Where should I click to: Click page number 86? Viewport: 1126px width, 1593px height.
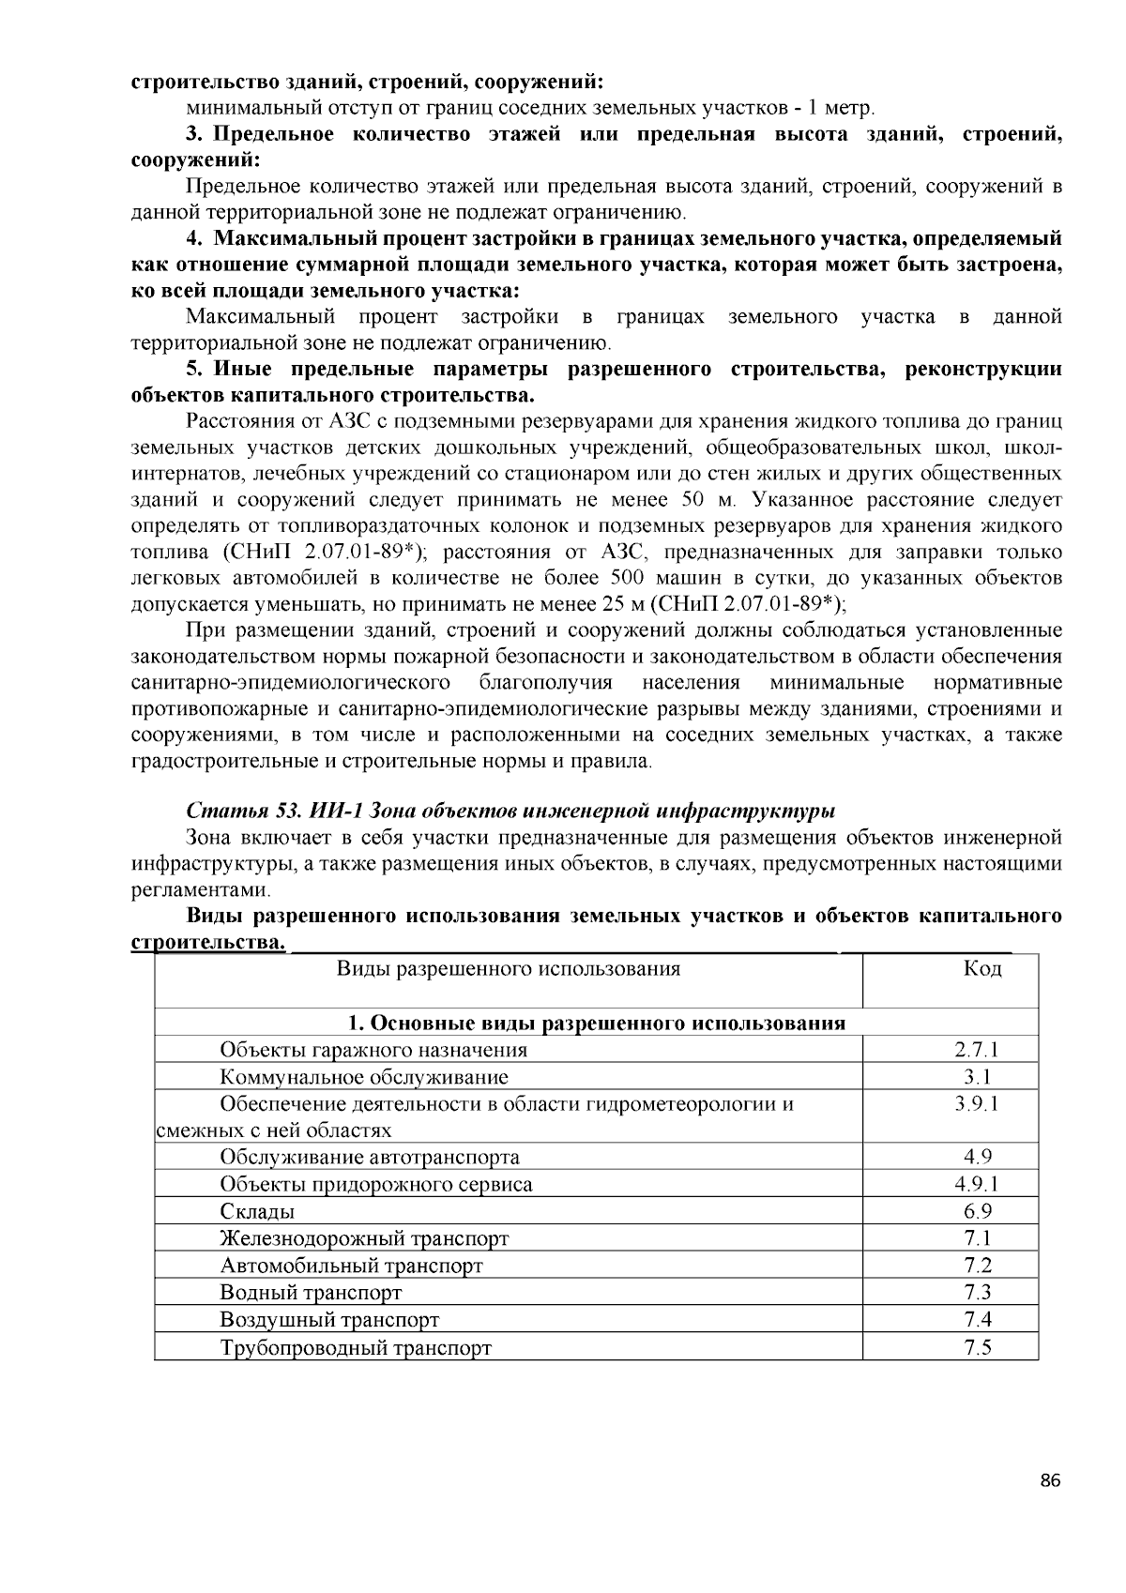click(x=1050, y=1481)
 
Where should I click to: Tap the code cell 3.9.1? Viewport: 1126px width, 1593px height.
click(x=977, y=1104)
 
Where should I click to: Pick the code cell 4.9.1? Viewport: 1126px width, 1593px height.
click(x=977, y=1185)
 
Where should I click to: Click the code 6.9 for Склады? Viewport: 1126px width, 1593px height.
click(x=977, y=1212)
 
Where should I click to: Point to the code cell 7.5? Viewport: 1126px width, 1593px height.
click(x=977, y=1348)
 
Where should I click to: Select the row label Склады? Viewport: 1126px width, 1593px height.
click(x=257, y=1212)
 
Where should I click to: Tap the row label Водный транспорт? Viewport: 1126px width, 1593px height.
click(x=311, y=1294)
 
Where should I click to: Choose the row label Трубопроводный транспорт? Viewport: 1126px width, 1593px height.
click(x=356, y=1348)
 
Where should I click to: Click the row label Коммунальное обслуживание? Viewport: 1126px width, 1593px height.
click(x=364, y=1077)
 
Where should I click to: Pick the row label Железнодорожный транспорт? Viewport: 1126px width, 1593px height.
click(x=364, y=1239)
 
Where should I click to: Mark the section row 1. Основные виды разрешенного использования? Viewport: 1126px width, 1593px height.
click(x=596, y=1023)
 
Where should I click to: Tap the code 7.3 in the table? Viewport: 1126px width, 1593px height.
click(x=977, y=1294)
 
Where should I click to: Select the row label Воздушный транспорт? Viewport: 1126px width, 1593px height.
click(x=329, y=1321)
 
